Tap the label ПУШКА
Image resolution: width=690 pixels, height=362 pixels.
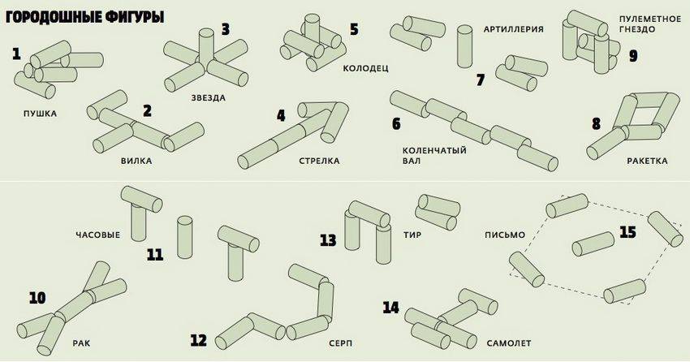pos(41,113)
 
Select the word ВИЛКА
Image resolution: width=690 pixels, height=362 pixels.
pos(136,161)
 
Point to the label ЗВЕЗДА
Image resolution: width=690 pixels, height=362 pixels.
pos(209,97)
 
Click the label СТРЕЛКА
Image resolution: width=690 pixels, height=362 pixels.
pos(320,161)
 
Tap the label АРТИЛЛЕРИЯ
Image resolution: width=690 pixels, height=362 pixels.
pos(512,28)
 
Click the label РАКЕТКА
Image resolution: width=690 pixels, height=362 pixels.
pos(647,161)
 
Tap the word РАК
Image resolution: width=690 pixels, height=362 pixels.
pos(80,343)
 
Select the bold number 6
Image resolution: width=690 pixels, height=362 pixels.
pos(396,123)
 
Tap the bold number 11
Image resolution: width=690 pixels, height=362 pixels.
pos(156,255)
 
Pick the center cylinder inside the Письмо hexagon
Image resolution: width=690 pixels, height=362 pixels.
pos(592,243)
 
